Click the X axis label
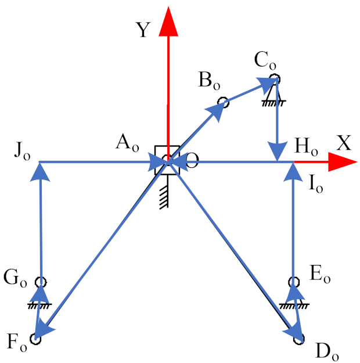(x=344, y=143)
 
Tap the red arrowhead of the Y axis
(x=168, y=20)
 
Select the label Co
(x=264, y=59)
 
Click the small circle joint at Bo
(x=223, y=103)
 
